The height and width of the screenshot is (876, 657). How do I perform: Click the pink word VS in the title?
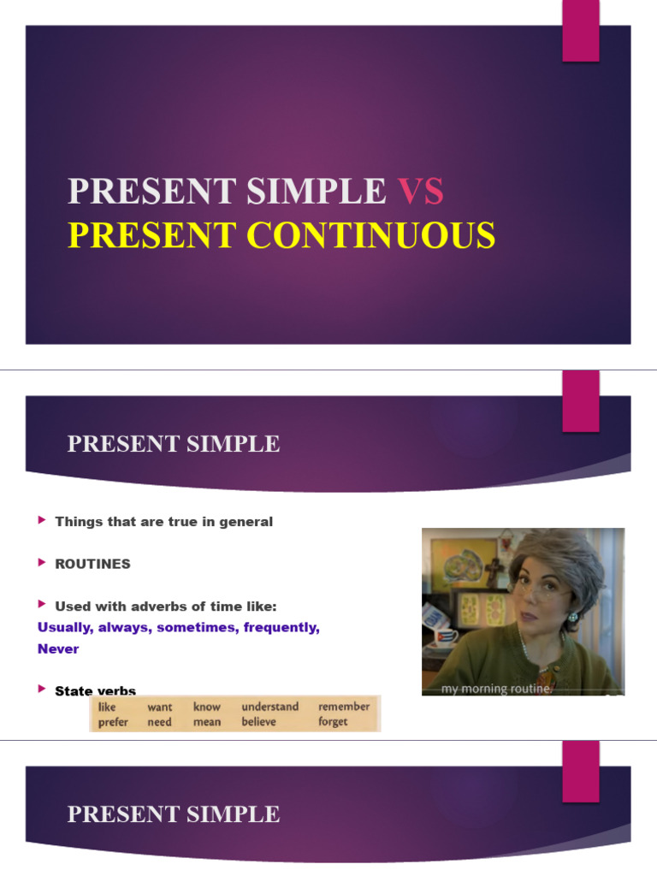pos(420,192)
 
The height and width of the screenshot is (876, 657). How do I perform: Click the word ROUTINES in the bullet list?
pos(92,564)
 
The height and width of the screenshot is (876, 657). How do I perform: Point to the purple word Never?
pos(58,648)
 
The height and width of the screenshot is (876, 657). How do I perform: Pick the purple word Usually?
pos(64,627)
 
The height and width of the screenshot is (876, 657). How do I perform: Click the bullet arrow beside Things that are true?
pos(43,520)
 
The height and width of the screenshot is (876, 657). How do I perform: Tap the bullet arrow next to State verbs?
pos(43,690)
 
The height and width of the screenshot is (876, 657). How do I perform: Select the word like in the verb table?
pos(107,707)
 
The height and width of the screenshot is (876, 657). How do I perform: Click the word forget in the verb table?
pos(333,722)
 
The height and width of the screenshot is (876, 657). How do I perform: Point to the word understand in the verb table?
pos(269,707)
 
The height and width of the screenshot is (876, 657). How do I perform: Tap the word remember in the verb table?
pos(344,707)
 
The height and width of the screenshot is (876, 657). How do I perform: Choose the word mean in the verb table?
pos(206,722)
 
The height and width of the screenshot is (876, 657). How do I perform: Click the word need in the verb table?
pos(159,722)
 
